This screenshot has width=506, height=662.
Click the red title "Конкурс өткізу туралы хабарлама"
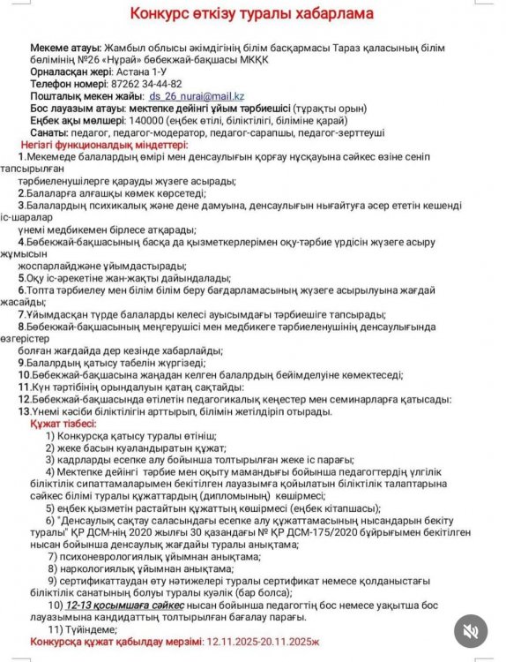tap(251, 14)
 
